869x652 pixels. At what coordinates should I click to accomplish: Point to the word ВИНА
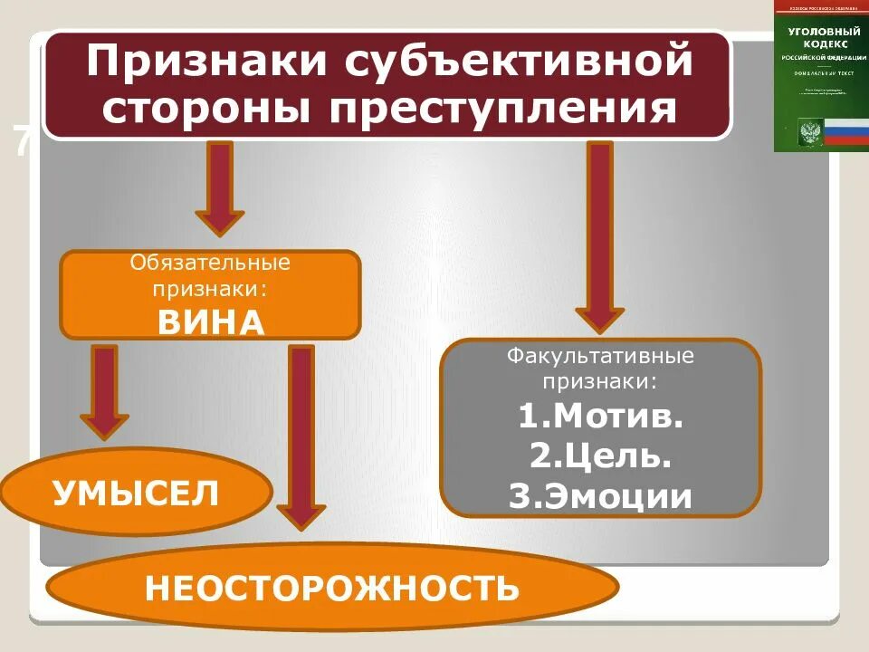tap(211, 322)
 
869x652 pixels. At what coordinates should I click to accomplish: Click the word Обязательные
tap(210, 264)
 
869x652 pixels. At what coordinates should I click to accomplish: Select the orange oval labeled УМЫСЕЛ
tap(136, 494)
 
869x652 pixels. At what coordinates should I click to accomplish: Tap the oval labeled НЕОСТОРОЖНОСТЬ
tap(332, 589)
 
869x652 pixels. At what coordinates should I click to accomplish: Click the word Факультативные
tap(600, 354)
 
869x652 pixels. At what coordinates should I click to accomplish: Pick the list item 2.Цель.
tap(600, 456)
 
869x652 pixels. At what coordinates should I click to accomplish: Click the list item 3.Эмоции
tap(600, 497)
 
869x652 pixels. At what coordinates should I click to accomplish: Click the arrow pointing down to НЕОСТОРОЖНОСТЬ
tap(301, 435)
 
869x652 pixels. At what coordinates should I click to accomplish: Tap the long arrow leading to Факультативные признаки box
tap(599, 235)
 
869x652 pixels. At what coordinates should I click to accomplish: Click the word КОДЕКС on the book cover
tap(820, 43)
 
